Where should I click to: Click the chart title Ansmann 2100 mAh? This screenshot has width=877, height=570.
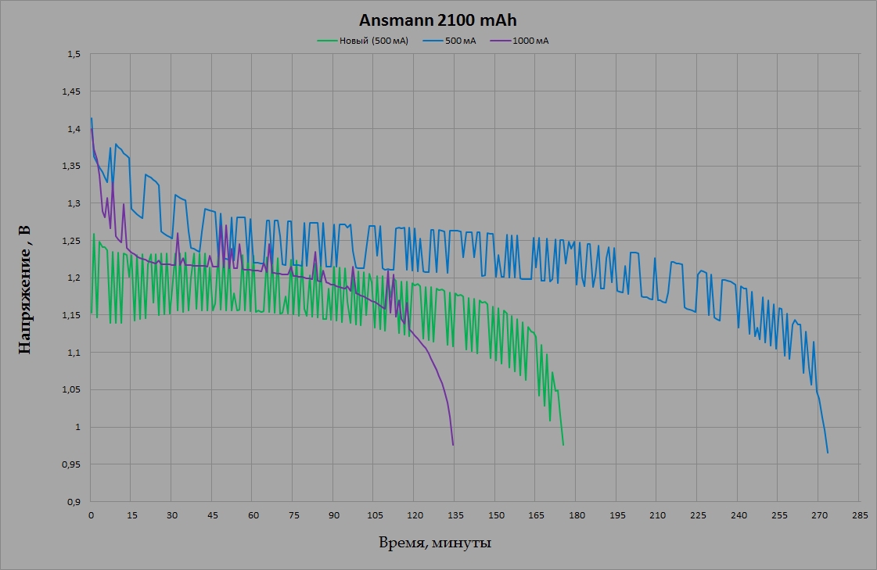click(438, 20)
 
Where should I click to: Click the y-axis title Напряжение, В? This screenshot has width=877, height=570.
click(25, 289)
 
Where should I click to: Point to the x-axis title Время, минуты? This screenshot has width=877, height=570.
click(435, 543)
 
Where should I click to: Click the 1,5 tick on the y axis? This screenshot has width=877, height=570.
click(74, 55)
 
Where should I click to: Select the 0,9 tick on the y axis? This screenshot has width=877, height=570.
click(74, 502)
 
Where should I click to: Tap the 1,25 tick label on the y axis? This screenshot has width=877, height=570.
click(72, 241)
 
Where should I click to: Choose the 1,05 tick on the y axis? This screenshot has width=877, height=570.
click(72, 390)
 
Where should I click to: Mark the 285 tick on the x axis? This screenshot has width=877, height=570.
click(859, 515)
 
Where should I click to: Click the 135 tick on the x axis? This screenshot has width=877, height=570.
click(455, 515)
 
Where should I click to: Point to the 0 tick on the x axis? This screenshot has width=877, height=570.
click(92, 515)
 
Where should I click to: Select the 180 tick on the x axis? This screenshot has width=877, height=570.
click(577, 515)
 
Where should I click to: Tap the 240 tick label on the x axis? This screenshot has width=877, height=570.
click(738, 515)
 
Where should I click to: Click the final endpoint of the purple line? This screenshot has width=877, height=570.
click(453, 445)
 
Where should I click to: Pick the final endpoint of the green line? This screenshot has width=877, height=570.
click(563, 445)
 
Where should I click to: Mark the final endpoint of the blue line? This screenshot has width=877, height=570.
click(828, 453)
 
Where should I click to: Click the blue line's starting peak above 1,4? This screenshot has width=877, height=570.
click(92, 119)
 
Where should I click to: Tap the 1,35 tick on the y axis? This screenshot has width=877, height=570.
click(72, 167)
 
